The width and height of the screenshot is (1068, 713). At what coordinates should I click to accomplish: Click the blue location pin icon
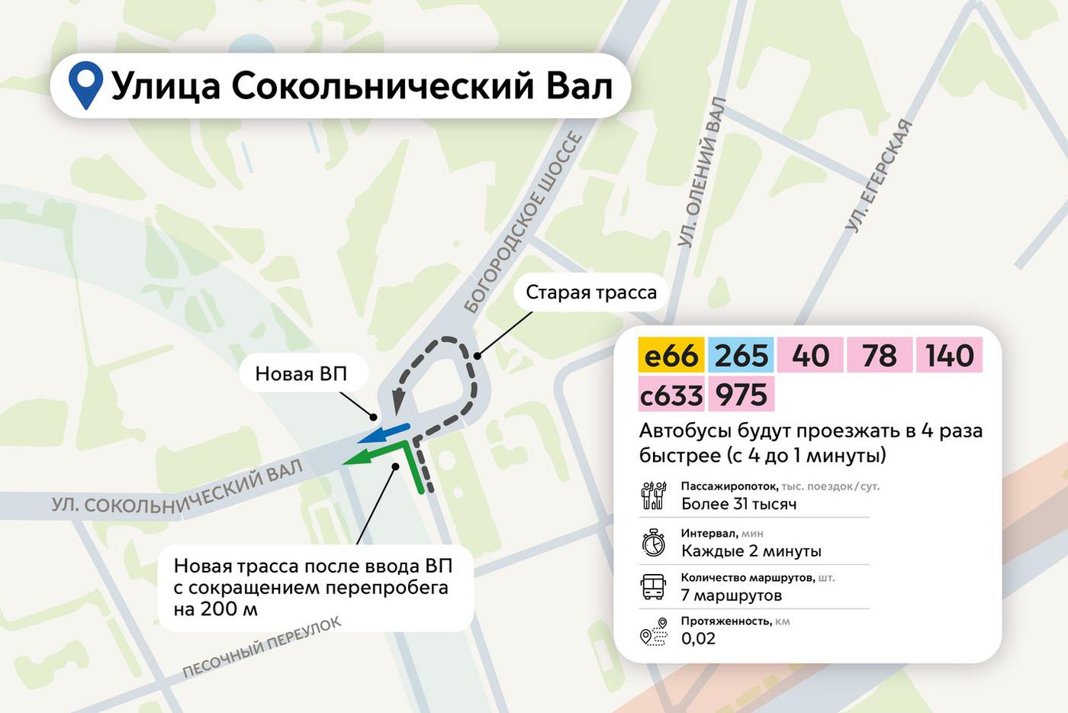click(85, 84)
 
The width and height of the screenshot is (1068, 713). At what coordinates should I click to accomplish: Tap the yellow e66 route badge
click(671, 356)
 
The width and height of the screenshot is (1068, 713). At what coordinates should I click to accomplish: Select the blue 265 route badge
click(741, 356)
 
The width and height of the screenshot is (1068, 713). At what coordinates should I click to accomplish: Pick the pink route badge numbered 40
click(810, 356)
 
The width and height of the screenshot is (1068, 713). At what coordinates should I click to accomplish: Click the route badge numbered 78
click(880, 356)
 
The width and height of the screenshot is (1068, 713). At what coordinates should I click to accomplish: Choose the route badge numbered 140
click(949, 356)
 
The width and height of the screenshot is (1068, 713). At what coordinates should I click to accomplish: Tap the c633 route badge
click(671, 395)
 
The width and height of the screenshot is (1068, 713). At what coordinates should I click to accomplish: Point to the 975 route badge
click(741, 395)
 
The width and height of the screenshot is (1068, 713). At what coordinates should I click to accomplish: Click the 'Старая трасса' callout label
click(590, 292)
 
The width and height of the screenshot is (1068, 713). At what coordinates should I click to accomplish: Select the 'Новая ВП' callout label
click(301, 373)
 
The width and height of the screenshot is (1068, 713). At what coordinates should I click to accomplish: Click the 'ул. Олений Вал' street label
click(702, 173)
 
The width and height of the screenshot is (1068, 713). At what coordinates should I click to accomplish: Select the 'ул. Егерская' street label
click(879, 176)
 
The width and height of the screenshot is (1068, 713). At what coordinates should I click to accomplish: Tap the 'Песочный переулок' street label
click(262, 647)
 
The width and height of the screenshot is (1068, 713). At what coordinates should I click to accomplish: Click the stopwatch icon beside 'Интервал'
click(654, 543)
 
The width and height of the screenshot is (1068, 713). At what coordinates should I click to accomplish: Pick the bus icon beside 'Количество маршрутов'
click(654, 586)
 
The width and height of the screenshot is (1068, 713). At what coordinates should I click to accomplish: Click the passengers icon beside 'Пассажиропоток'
click(654, 495)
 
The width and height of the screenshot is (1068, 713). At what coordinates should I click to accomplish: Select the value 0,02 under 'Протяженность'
click(698, 639)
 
